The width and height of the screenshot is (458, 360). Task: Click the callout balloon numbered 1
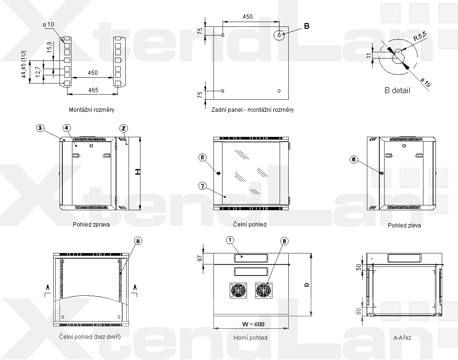[230, 240]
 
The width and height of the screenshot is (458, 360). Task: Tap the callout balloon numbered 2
[124, 128]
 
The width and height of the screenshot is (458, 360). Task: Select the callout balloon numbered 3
[40, 128]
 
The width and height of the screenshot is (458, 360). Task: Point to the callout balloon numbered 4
[67, 128]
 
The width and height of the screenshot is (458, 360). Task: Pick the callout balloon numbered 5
[138, 241]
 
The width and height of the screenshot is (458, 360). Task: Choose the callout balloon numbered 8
[284, 241]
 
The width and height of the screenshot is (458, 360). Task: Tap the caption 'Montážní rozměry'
[92, 109]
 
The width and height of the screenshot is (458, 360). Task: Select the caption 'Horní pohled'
[250, 338]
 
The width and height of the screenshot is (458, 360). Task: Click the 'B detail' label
[397, 90]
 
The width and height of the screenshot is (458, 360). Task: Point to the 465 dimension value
[93, 90]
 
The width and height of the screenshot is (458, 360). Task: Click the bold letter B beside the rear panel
[307, 26]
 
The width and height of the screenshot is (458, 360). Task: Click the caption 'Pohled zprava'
[91, 224]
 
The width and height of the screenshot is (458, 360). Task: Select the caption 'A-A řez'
[402, 338]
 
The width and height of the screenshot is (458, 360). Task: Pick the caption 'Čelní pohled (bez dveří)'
[90, 336]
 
